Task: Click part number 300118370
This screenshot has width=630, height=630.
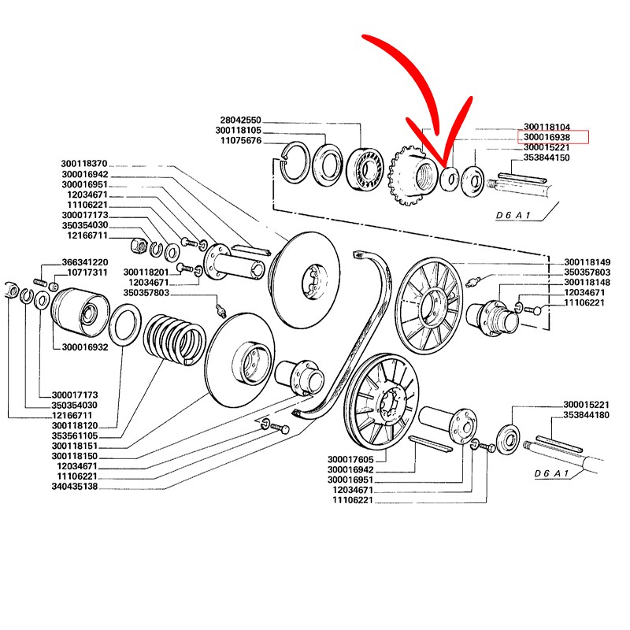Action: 83,164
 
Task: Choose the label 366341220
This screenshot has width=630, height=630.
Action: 85,262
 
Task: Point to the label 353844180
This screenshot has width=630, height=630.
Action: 586,414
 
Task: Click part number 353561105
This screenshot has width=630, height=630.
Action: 75,435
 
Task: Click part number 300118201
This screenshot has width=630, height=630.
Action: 147,272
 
